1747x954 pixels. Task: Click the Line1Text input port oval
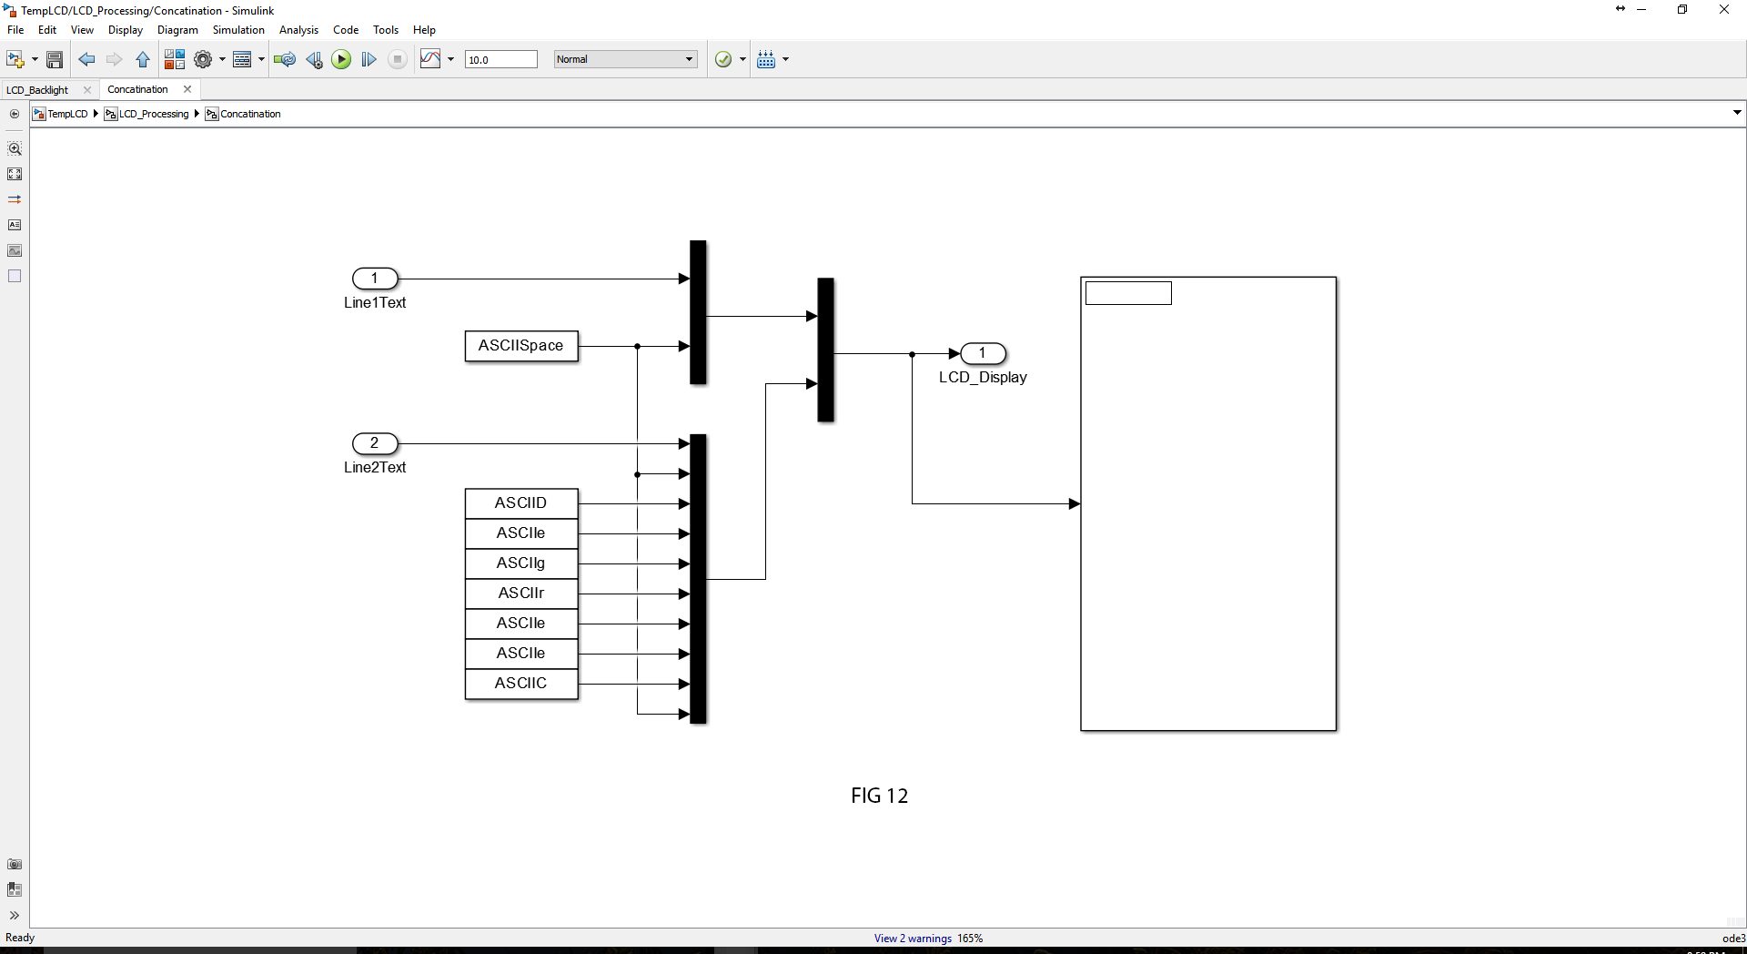tap(375, 279)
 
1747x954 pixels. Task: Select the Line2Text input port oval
tap(375, 443)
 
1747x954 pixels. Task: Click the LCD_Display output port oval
tap(983, 353)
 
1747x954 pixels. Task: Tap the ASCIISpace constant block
tap(521, 346)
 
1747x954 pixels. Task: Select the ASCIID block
tap(521, 503)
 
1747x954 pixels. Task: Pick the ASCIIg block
tap(521, 563)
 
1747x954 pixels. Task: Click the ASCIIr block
tap(521, 594)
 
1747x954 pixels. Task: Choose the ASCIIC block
tap(521, 684)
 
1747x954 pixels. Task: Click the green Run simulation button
tap(341, 60)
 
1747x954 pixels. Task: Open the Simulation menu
tap(238, 30)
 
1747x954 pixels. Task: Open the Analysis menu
tap(298, 30)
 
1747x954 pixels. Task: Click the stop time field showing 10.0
tap(500, 60)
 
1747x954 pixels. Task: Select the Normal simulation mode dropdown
tap(625, 60)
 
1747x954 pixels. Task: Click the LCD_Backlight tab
tap(38, 90)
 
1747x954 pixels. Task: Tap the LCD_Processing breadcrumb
tap(153, 114)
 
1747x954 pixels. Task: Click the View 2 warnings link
tap(913, 939)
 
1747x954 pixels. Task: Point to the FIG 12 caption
tap(879, 796)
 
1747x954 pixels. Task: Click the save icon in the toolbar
tap(55, 60)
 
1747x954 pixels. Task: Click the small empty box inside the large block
tap(1128, 293)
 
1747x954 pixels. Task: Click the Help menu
tap(424, 30)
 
